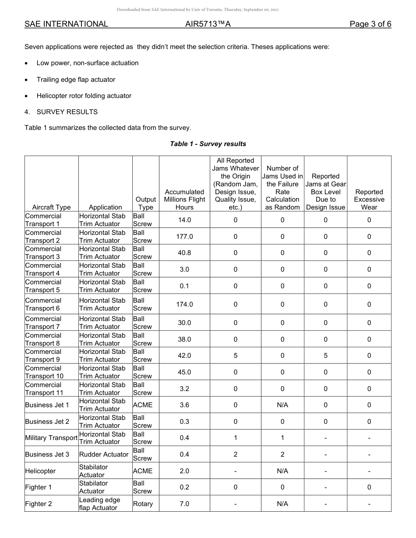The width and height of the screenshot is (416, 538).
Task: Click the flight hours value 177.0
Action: click(184, 237)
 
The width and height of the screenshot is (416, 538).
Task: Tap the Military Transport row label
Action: click(51, 438)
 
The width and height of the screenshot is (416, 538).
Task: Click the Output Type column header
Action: click(145, 203)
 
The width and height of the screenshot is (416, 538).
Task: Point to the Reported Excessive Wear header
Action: click(369, 199)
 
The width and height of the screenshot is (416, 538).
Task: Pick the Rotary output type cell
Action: click(143, 504)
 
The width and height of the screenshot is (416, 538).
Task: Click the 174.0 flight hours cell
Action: click(184, 304)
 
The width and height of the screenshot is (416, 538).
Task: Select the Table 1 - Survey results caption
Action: click(208, 144)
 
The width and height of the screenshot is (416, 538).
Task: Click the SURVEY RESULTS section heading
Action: click(67, 112)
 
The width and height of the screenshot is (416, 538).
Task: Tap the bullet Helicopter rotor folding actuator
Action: click(84, 96)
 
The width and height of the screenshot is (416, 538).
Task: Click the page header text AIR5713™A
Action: click(208, 24)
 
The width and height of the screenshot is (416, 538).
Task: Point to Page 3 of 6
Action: click(370, 24)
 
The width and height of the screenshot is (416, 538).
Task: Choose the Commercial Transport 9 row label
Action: click(43, 356)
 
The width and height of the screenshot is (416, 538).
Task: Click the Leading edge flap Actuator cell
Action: click(99, 504)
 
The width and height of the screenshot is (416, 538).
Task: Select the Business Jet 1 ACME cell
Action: click(143, 405)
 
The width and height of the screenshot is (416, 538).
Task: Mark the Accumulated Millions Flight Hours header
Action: click(184, 199)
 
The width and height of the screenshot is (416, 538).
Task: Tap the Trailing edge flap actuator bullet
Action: click(76, 80)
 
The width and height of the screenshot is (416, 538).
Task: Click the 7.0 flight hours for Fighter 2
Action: click(184, 504)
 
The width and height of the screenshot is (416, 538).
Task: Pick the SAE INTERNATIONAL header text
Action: click(66, 24)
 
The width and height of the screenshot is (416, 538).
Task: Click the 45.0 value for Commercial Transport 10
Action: click(184, 372)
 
